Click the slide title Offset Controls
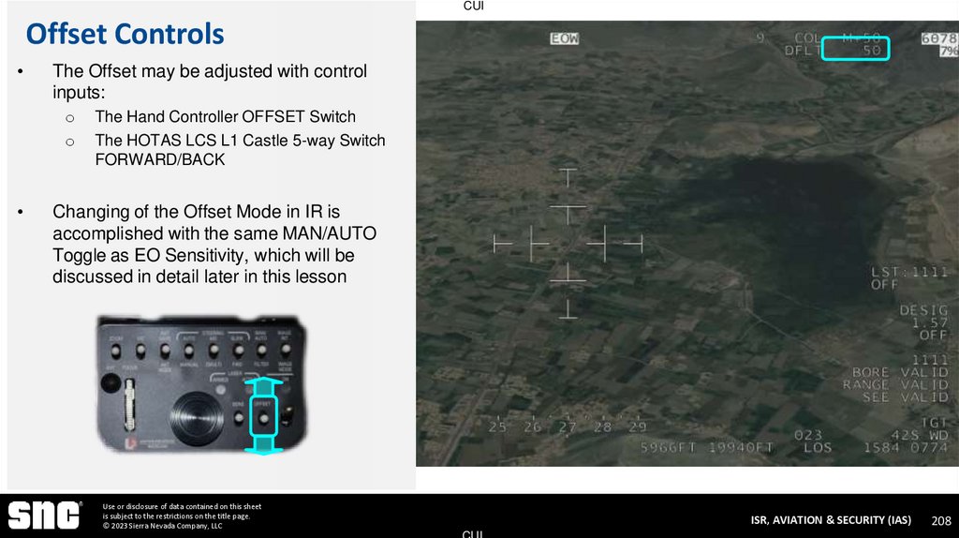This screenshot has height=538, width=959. click(x=125, y=35)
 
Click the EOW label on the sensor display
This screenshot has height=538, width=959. click(x=565, y=38)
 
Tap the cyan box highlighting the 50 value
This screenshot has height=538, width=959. click(x=854, y=49)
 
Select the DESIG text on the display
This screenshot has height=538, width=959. click(x=923, y=310)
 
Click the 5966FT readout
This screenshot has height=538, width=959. click(x=670, y=448)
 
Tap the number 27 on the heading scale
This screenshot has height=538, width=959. click(x=568, y=427)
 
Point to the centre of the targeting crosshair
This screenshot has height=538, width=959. click(x=568, y=243)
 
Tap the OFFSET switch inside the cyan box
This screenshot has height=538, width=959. click(x=264, y=413)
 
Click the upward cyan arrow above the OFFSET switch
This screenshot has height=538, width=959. click(x=264, y=385)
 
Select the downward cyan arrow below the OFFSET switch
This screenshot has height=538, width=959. click(x=264, y=443)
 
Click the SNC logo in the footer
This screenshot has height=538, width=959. click(x=44, y=515)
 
